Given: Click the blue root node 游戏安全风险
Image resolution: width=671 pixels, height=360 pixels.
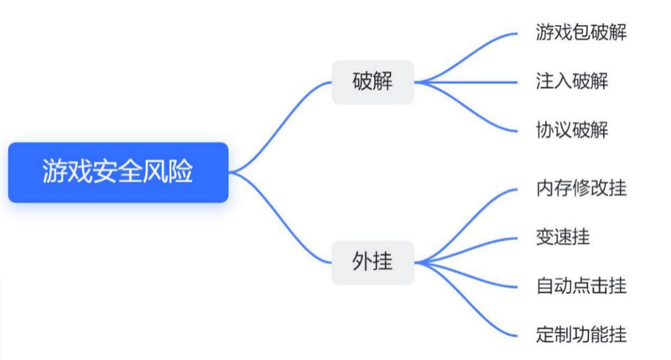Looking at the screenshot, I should [118, 172].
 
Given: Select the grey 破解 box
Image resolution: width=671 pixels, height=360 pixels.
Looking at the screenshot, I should [372, 82].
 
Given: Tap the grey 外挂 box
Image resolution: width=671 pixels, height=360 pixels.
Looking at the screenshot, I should [372, 262].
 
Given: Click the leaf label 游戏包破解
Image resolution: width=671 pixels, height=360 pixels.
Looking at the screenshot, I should [580, 34].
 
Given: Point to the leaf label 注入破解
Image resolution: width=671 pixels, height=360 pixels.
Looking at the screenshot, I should [571, 81].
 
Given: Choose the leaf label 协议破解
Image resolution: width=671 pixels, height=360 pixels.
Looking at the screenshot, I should [571, 129].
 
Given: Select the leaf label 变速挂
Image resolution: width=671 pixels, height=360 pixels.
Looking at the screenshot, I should [562, 237].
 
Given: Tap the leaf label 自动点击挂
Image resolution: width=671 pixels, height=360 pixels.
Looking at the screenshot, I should [580, 285].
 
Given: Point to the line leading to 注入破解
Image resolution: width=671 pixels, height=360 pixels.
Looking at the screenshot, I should [470, 82].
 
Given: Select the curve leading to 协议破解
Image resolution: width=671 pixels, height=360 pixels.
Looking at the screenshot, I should [470, 113].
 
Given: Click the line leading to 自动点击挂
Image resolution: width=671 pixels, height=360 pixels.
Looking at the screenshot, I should [470, 277].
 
